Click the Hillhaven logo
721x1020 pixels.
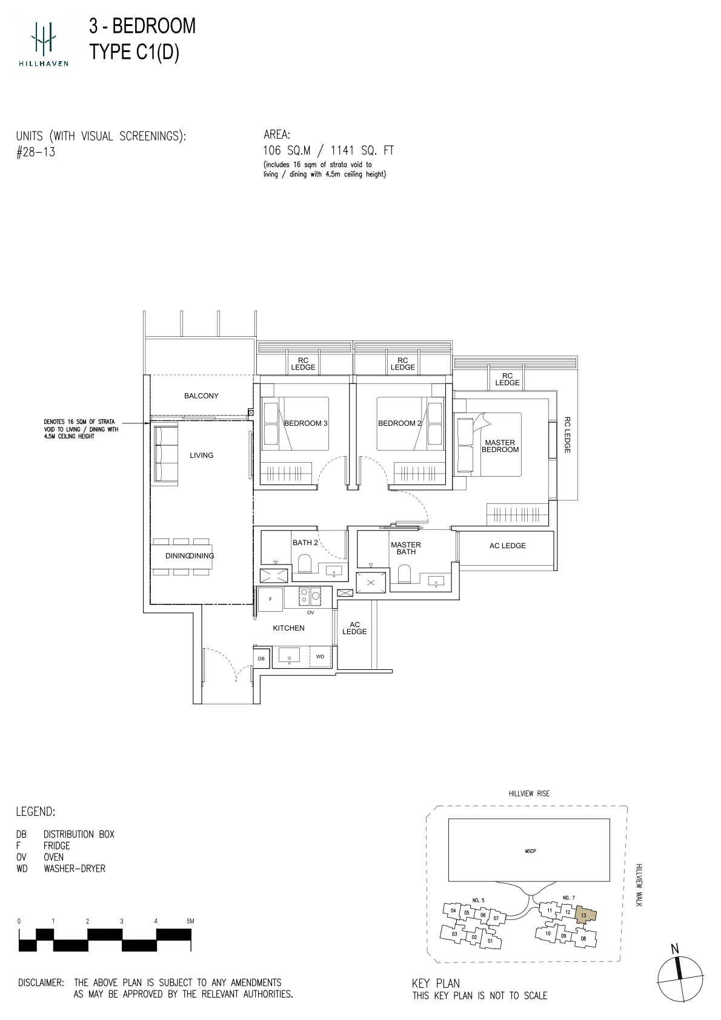(43, 42)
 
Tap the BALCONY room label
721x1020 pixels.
(201, 396)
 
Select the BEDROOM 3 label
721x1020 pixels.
(305, 423)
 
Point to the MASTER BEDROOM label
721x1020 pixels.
(500, 446)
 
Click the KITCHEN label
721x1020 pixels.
(288, 628)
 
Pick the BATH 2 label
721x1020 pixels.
(305, 542)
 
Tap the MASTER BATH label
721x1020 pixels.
(406, 548)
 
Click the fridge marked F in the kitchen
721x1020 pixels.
(271, 599)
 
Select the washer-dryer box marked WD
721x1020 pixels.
(320, 657)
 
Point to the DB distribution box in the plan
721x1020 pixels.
(261, 658)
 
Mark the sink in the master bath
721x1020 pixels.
(436, 581)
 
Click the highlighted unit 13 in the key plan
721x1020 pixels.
(586, 915)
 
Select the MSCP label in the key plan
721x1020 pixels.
(530, 851)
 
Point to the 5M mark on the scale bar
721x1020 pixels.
(190, 921)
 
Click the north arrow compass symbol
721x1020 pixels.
(680, 979)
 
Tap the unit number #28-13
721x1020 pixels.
(36, 152)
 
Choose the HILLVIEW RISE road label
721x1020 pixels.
(529, 793)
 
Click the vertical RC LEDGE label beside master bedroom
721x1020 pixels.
(567, 435)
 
